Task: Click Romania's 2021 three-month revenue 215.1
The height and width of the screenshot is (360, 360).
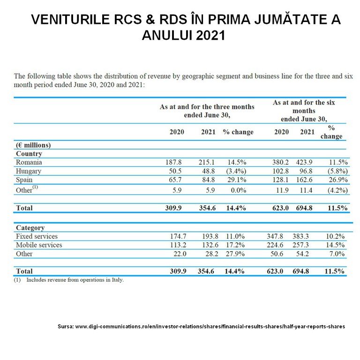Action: coord(208,162)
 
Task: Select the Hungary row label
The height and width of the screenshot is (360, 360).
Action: coord(29,171)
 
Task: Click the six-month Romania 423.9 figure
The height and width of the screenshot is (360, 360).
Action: coord(307,162)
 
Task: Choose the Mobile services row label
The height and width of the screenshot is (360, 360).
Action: coord(39,245)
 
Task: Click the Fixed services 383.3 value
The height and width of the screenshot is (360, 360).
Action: coord(307,236)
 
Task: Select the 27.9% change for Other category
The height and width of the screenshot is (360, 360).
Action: coord(237,254)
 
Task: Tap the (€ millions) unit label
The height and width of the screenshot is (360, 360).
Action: coord(33,145)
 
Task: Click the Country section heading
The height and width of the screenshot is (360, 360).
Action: coord(29,153)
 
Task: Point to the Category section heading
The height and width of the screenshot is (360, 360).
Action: coord(30,228)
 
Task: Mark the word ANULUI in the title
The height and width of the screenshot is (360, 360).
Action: coord(168,36)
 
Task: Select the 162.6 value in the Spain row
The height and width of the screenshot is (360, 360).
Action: coord(307,180)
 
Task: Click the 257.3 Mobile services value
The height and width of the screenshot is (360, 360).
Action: coord(307,245)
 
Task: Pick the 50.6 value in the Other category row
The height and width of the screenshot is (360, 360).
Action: coord(281,254)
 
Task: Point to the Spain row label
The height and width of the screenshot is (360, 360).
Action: coord(24,180)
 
